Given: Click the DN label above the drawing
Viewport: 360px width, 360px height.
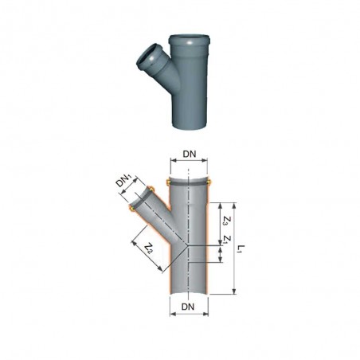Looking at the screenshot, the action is (x=190, y=154).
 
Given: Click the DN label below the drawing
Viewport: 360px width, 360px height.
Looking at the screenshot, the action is (x=188, y=307).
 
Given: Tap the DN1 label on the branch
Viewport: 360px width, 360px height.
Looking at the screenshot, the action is (x=124, y=182).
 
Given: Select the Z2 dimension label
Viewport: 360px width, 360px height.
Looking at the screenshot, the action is (x=149, y=248).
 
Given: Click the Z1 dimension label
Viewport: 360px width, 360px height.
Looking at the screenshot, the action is (x=226, y=240).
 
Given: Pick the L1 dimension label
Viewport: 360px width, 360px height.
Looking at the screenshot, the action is (x=241, y=248).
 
